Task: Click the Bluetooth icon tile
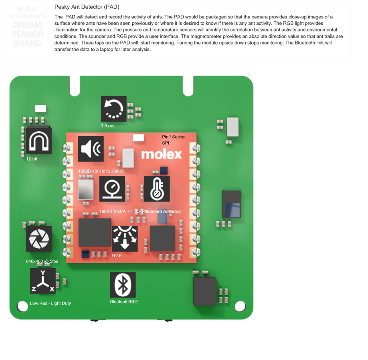(x=123, y=285)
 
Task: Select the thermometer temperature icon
(x=157, y=189)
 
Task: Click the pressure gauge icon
(x=112, y=189)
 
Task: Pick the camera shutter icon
(x=39, y=239)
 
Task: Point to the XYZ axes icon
(x=43, y=281)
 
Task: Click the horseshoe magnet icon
(x=39, y=140)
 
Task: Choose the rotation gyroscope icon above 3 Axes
(x=113, y=109)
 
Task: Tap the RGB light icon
(x=125, y=239)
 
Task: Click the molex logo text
(x=162, y=154)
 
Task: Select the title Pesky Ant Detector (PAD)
(x=87, y=7)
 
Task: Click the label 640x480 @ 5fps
(x=42, y=261)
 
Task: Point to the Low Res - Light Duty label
(x=51, y=304)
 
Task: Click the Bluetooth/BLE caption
(x=124, y=302)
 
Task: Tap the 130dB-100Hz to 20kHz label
(x=101, y=171)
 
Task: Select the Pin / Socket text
(x=174, y=137)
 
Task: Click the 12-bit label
(x=32, y=159)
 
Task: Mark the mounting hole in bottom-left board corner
(x=23, y=306)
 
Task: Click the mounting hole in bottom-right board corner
(x=240, y=306)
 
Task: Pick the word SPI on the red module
(x=166, y=143)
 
